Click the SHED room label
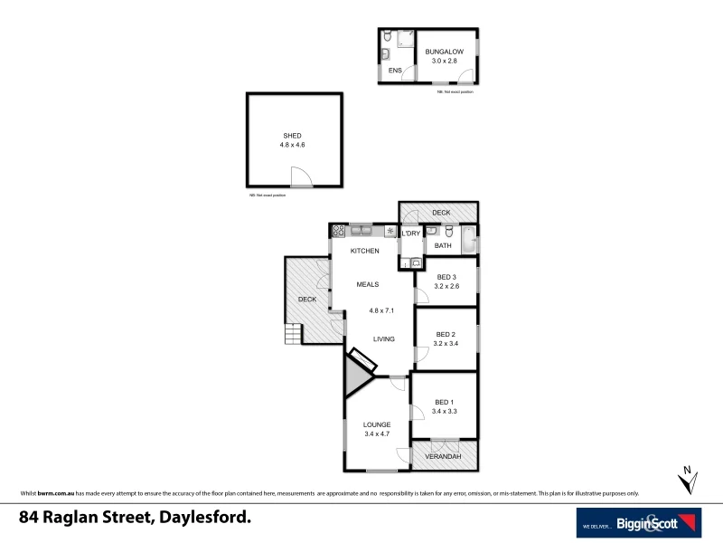(292, 136)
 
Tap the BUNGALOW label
(445, 52)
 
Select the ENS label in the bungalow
(395, 70)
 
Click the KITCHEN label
(364, 251)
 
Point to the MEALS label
(367, 284)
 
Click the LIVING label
(385, 339)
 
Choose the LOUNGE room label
(377, 424)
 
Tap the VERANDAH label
(444, 457)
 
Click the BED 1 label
(443, 402)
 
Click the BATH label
(443, 245)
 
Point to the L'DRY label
(411, 233)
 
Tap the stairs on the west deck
(292, 336)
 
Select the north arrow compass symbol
(688, 479)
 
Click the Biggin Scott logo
(640, 522)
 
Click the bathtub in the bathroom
(469, 242)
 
